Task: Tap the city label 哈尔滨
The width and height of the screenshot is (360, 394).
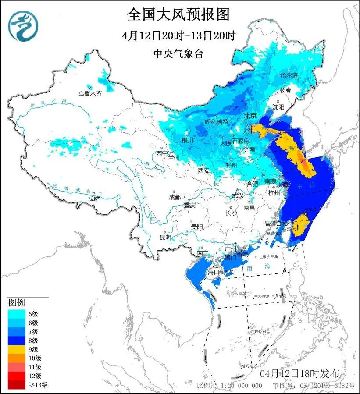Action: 289,76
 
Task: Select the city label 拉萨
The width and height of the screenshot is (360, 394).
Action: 94,198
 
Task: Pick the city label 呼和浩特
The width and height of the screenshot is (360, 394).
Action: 217,121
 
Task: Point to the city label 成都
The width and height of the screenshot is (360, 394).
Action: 175,197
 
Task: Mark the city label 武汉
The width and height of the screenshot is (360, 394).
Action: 237,195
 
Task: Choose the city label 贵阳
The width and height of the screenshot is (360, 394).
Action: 197,227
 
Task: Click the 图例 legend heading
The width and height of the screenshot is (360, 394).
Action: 17,303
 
